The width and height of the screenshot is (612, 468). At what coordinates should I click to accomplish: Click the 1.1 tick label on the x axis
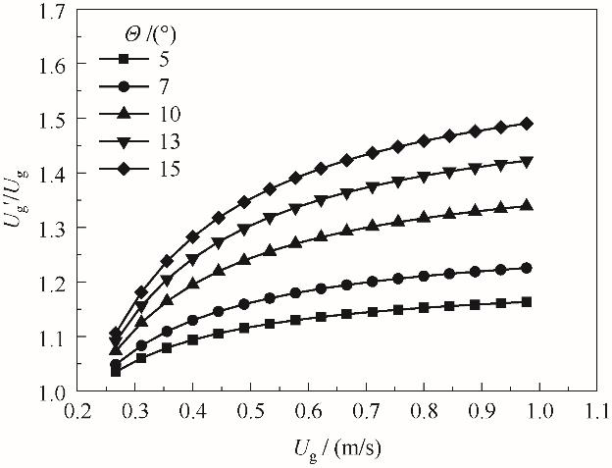595,408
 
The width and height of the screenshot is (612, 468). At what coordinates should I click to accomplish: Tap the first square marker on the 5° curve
116,371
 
